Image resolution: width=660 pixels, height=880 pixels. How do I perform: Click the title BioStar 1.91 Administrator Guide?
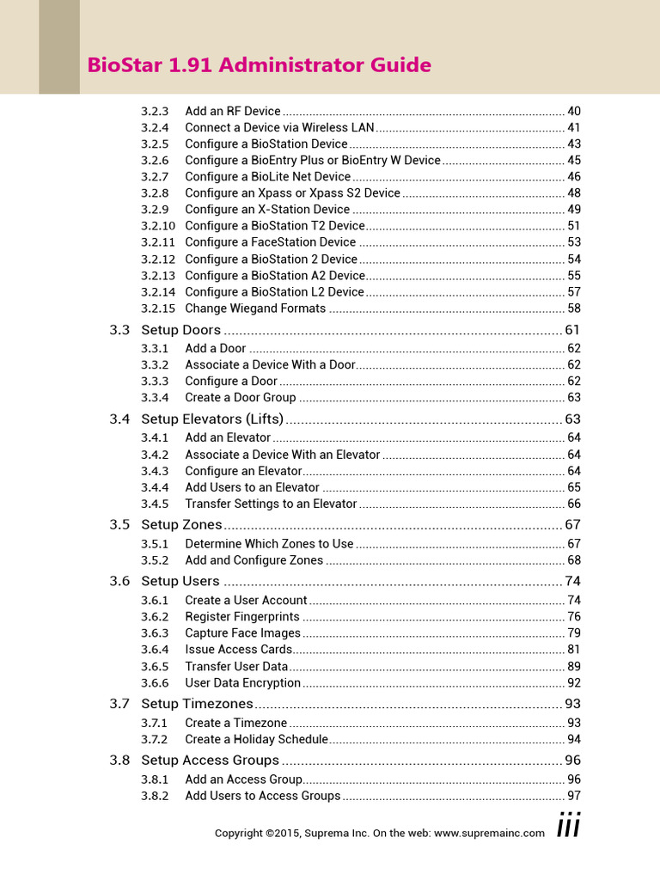click(260, 65)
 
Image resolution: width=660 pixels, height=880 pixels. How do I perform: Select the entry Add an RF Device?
click(233, 111)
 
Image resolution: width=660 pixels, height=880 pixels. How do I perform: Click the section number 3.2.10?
click(157, 226)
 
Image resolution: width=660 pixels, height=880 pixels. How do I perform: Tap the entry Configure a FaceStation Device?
click(270, 242)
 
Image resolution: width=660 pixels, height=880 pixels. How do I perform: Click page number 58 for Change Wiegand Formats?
click(574, 309)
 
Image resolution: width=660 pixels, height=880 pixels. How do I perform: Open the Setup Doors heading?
click(180, 330)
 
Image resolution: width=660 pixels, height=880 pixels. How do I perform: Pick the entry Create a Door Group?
click(240, 398)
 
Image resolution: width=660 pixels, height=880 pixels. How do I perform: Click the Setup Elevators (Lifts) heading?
click(212, 419)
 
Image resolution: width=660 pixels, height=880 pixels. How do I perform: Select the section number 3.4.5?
click(155, 504)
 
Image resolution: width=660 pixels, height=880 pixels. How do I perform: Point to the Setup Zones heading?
click(181, 525)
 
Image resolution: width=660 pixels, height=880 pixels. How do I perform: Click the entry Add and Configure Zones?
click(254, 560)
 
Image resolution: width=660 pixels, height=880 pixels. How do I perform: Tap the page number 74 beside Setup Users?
click(573, 581)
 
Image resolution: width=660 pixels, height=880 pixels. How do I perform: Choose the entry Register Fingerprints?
click(242, 617)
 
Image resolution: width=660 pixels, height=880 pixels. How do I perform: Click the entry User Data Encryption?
click(242, 683)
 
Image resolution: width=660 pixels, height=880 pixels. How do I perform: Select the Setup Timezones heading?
click(197, 704)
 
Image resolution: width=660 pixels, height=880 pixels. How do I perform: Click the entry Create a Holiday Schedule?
click(256, 740)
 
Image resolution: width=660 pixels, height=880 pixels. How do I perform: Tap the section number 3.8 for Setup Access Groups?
click(119, 761)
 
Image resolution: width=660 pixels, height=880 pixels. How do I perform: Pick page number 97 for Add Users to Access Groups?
click(574, 796)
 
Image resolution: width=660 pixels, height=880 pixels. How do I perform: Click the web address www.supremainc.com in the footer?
click(489, 833)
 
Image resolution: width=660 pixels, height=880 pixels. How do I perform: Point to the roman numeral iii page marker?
click(568, 826)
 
